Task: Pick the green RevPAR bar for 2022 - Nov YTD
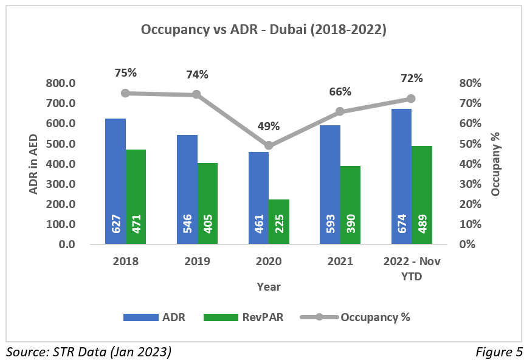422,195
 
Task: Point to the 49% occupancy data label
268,126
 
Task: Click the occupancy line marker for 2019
197,95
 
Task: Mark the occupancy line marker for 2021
340,111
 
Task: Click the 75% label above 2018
126,73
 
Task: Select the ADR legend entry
154,317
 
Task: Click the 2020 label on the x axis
268,261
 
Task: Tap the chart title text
263,29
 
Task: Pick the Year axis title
268,286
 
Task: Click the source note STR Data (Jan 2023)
89,351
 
